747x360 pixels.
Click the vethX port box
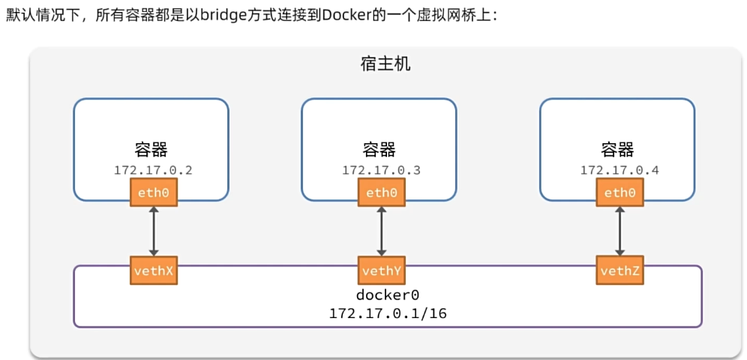[154, 270]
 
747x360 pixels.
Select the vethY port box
[382, 270]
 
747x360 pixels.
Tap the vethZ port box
[619, 270]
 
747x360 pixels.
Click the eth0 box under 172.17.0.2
[154, 193]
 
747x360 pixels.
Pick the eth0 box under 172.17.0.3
[382, 193]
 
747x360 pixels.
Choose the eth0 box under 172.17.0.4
[619, 193]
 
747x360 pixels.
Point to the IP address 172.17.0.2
[153, 170]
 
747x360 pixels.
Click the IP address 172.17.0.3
[381, 170]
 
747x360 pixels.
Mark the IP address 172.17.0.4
[619, 170]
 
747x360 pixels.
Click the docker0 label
[387, 295]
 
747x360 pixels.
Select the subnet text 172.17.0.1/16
[387, 313]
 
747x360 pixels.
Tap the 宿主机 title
[385, 64]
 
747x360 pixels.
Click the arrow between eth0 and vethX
[154, 232]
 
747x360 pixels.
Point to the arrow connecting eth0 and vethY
[382, 232]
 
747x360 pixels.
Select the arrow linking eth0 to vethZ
[619, 232]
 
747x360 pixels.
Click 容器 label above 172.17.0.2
[151, 149]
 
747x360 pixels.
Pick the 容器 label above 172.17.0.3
[379, 149]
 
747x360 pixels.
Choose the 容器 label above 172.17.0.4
[617, 149]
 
